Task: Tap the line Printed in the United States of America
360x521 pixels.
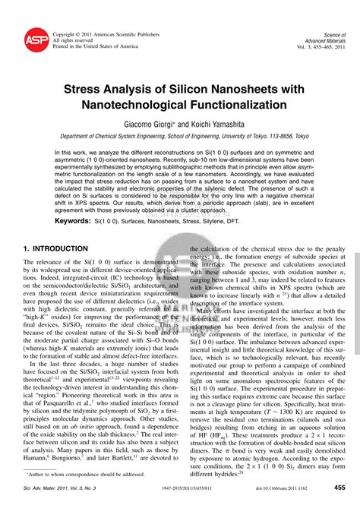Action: [96, 46]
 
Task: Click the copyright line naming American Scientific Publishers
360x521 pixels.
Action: [106, 34]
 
